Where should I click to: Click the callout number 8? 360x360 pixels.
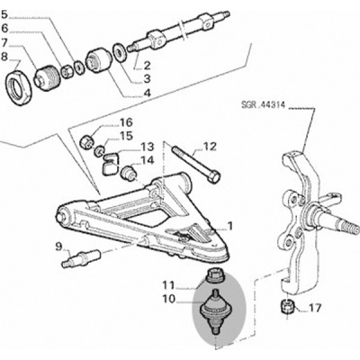[x=5, y=57]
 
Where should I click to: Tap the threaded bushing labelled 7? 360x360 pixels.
[x=48, y=78]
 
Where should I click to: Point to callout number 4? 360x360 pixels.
[x=147, y=93]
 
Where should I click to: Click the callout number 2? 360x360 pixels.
[x=147, y=66]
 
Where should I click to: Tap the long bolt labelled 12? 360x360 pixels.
[x=196, y=164]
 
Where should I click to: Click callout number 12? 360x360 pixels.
[x=210, y=147]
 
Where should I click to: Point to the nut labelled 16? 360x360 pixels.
[x=86, y=141]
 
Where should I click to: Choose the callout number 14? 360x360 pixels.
[x=147, y=160]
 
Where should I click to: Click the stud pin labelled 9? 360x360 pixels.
[x=82, y=257]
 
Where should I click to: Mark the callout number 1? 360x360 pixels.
[x=230, y=226]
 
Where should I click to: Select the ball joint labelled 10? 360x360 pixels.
[x=216, y=313]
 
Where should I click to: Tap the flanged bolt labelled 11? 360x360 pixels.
[x=216, y=276]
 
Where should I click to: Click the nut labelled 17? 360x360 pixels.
[x=287, y=306]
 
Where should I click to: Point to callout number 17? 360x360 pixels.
[x=314, y=308]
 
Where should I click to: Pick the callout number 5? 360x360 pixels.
[x=4, y=14]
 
